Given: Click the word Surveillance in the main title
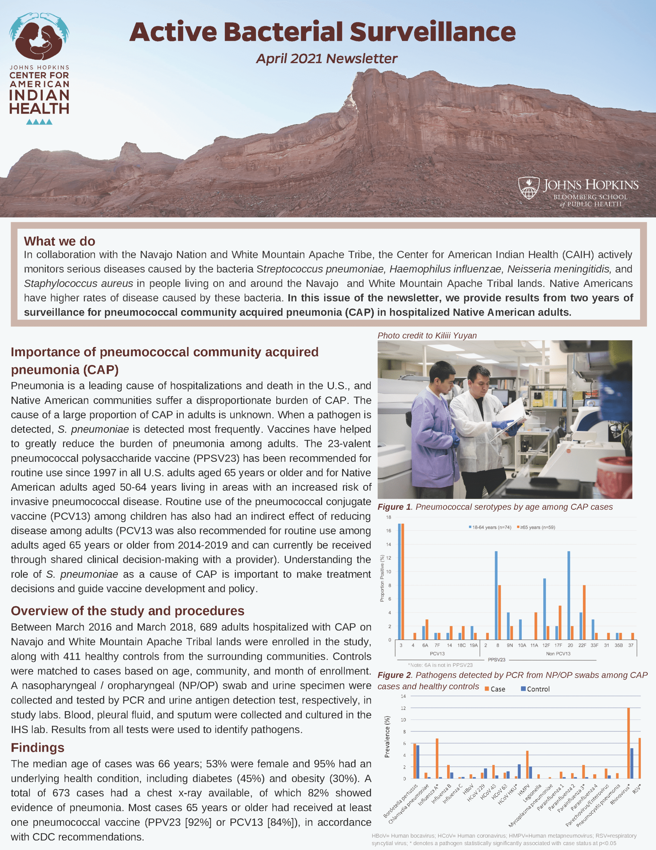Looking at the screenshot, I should coord(432,32).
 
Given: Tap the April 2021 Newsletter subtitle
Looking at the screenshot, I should coord(327,59).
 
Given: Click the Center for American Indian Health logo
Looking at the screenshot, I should coord(39,68).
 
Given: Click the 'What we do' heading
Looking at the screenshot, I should coord(59,241).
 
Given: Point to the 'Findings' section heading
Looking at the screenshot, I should coord(37,747).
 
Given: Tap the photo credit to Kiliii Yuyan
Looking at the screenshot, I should coord(427,335).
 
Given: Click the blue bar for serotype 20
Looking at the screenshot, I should coord(569,595).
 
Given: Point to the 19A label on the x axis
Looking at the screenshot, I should coord(473,645).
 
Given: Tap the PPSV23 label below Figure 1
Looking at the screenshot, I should coord(496,660).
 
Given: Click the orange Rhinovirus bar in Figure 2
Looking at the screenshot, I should coord(628,743).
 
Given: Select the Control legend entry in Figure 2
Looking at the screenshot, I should coord(536,689).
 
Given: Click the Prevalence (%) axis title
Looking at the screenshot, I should coord(387,737).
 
